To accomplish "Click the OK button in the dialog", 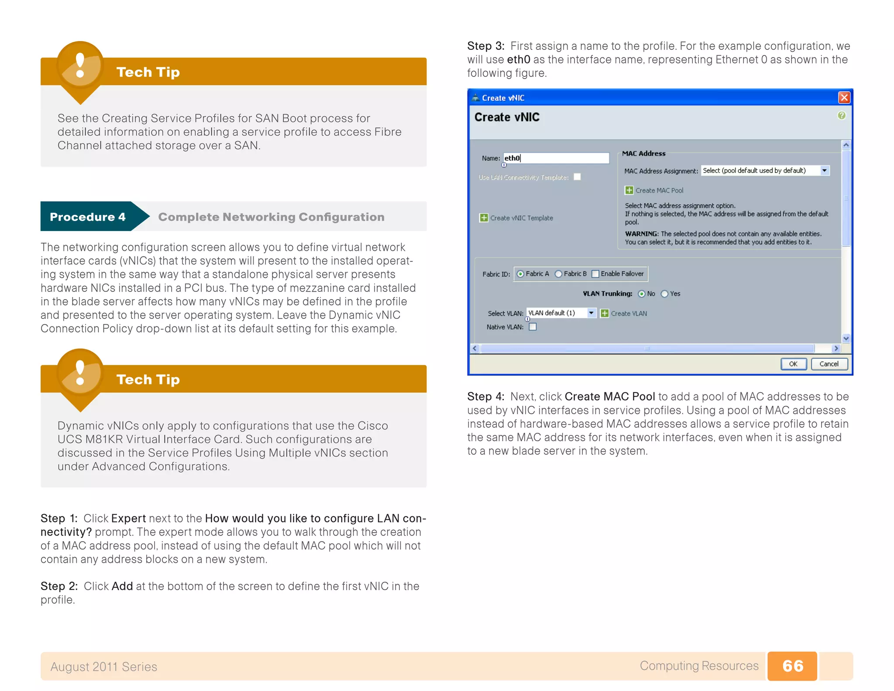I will pos(793,364).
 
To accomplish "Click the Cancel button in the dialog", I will pos(829,364).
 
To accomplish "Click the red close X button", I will pos(844,97).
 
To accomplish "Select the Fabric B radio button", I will pos(558,274).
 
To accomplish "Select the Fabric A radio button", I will pos(520,274).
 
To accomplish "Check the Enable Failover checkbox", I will pos(595,274).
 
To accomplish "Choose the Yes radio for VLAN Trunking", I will pos(664,294).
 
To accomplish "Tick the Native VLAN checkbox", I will pos(533,327).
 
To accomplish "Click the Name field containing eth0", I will pos(556,158).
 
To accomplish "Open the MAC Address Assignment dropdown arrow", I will pos(824,171).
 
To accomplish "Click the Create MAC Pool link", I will pos(659,190).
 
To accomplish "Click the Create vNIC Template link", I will pos(521,218).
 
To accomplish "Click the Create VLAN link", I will pos(628,313).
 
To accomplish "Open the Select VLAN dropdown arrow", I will pos(591,313).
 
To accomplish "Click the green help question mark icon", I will pos(841,115).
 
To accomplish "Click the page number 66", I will pos(792,666).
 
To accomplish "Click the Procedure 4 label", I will pos(87,217).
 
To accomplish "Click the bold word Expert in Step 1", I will pos(128,518).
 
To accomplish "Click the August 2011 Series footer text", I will pos(104,667).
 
